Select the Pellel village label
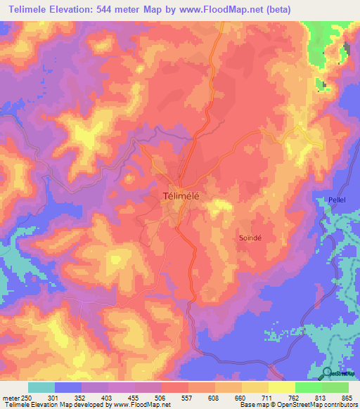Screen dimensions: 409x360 [337, 200]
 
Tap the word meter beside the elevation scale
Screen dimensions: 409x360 [11, 398]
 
